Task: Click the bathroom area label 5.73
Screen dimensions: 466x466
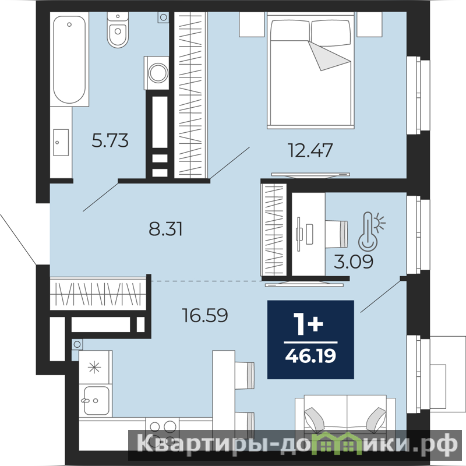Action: point(110,140)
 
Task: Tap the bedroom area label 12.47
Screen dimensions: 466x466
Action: point(310,150)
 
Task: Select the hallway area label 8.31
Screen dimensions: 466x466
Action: point(165,229)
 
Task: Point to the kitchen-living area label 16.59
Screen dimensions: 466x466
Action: point(205,315)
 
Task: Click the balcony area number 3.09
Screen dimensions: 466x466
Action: point(354,262)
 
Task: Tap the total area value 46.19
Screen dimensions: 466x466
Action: point(310,356)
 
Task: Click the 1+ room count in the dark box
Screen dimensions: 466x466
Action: point(308,324)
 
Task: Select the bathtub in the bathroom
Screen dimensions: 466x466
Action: point(69,59)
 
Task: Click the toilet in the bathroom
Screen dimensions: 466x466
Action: point(118,30)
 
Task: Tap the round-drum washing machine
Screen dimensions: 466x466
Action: point(157,73)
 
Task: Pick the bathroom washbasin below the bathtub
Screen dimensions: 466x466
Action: point(61,142)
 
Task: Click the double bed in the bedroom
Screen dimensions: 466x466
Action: point(311,70)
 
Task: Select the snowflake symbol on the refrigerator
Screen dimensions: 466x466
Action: point(94,368)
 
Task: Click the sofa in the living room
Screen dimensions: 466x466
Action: point(345,422)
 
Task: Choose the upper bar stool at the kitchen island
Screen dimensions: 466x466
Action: point(245,376)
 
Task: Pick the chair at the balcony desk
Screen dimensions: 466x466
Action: point(337,234)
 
